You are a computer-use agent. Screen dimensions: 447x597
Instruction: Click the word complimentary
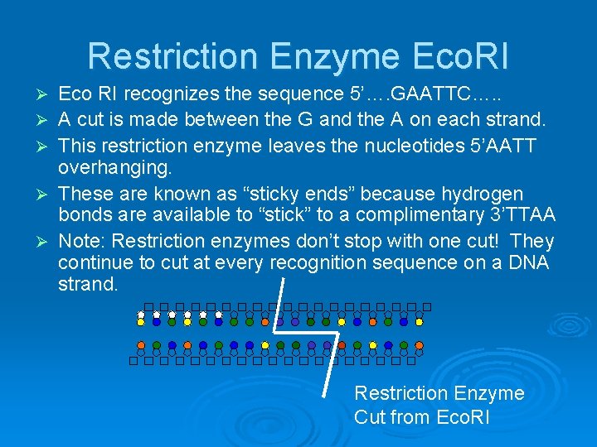(x=398, y=217)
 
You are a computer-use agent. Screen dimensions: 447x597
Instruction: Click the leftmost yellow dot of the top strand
(x=141, y=315)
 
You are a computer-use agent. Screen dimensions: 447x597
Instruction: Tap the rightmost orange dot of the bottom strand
(x=342, y=345)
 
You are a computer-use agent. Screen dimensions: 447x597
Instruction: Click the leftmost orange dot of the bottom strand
(x=141, y=345)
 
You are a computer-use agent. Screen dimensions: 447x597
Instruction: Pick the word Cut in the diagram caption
(x=370, y=417)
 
